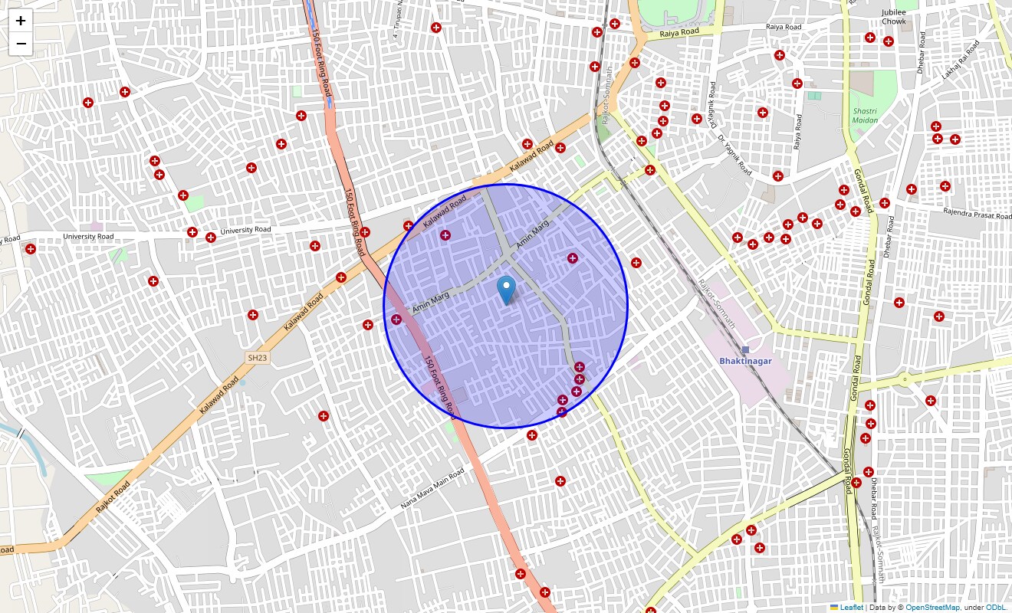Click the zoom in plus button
(x=21, y=21)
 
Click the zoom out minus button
(x=21, y=44)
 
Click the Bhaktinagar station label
(x=745, y=360)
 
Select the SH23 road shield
(x=258, y=358)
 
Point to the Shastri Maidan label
(x=865, y=116)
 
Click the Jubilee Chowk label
(x=894, y=17)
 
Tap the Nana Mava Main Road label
(x=432, y=489)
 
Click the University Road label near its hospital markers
(x=245, y=230)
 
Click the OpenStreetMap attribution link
(x=932, y=608)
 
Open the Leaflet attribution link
(x=851, y=608)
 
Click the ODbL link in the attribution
(x=995, y=608)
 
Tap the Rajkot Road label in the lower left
(x=113, y=497)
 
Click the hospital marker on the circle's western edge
(x=396, y=320)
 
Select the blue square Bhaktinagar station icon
(x=745, y=349)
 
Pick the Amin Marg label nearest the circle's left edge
(x=430, y=303)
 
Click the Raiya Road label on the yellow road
(x=679, y=32)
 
